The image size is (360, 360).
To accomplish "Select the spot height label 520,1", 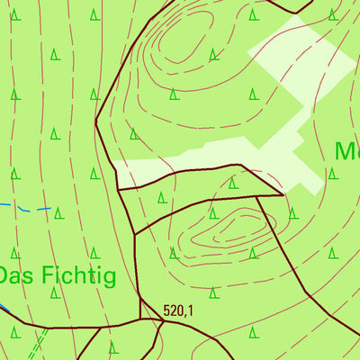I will [179, 310].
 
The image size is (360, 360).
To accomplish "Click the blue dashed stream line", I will [27, 208].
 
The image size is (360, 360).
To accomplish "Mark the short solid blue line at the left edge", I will [4, 310].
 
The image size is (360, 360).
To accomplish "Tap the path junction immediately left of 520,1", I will [140, 319].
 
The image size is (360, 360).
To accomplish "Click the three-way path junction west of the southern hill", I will [134, 234].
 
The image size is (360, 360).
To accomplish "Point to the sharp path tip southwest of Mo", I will [283, 193].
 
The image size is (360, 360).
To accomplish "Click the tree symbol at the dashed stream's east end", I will [58, 213].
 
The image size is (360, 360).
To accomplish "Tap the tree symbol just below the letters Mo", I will [332, 174].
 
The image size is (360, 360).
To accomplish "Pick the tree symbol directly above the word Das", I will [15, 253].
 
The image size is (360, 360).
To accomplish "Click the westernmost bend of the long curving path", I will [95, 126].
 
